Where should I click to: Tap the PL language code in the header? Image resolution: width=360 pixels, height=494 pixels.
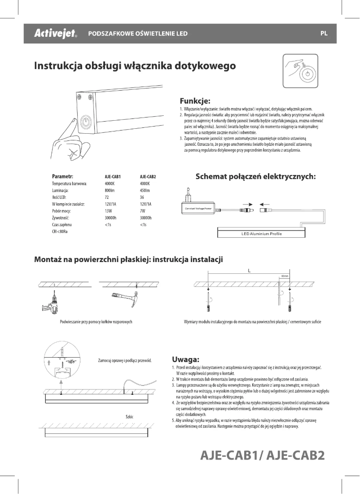[324, 34]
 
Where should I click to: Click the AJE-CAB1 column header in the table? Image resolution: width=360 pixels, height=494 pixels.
[114, 177]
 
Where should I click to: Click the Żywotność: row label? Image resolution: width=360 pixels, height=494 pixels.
[62, 217]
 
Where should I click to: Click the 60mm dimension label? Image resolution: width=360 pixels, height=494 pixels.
[285, 276]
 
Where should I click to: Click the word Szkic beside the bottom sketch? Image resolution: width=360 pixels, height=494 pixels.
[129, 417]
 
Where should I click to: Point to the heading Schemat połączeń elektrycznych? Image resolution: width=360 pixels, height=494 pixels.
[256, 177]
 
